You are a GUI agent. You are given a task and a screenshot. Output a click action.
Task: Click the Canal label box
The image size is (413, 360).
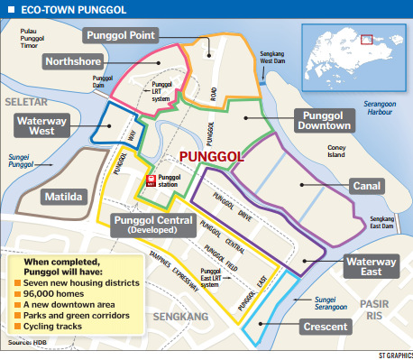click(x=365, y=187)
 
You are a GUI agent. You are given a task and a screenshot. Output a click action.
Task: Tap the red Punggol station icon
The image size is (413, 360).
click(x=151, y=180)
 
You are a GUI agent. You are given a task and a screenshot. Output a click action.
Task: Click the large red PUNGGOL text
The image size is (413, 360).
click(x=213, y=157)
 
